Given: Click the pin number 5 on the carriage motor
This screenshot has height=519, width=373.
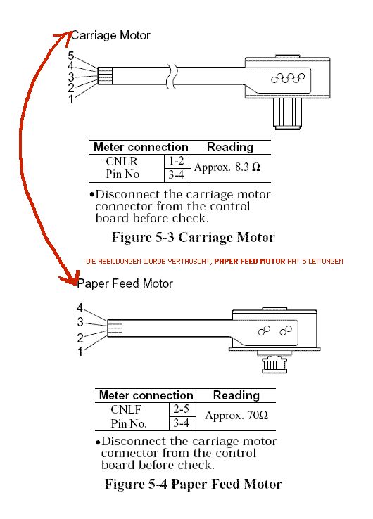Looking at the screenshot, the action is pyautogui.click(x=71, y=56).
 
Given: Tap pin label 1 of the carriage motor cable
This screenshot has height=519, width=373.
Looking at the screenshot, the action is pyautogui.click(x=71, y=98).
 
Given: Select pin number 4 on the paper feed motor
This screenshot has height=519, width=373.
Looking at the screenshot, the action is pyautogui.click(x=80, y=308).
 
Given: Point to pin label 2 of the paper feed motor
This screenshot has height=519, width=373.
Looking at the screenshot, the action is pyautogui.click(x=80, y=338).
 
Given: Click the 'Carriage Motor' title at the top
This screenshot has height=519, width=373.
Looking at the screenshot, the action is pyautogui.click(x=110, y=35).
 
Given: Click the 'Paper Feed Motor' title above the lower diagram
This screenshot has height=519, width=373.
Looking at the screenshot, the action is pyautogui.click(x=125, y=283).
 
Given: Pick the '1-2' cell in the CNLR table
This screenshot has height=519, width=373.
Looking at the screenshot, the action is pyautogui.click(x=176, y=161).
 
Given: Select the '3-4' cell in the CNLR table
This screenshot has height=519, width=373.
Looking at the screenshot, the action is pyautogui.click(x=176, y=174).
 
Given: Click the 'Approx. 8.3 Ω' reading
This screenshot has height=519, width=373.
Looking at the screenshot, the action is pyautogui.click(x=227, y=167).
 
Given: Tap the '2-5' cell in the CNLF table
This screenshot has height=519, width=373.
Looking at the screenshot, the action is pyautogui.click(x=181, y=409).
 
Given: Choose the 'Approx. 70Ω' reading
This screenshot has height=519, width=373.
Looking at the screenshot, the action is pyautogui.click(x=236, y=415).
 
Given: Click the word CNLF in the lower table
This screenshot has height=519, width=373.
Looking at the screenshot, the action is pyautogui.click(x=126, y=409).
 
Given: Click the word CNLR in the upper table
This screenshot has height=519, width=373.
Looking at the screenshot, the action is pyautogui.click(x=122, y=161).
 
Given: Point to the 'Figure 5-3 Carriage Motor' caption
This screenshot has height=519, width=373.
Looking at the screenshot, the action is pyautogui.click(x=194, y=237).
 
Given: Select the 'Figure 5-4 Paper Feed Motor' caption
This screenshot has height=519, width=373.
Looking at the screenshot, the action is pyautogui.click(x=194, y=484).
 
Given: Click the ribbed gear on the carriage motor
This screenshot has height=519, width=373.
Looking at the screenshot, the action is pyautogui.click(x=287, y=113).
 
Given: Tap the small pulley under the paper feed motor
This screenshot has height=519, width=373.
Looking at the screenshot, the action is pyautogui.click(x=274, y=365).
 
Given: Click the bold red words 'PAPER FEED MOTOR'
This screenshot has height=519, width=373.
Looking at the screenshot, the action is pyautogui.click(x=250, y=261).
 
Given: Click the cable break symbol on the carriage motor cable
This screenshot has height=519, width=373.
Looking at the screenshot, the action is pyautogui.click(x=172, y=76).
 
